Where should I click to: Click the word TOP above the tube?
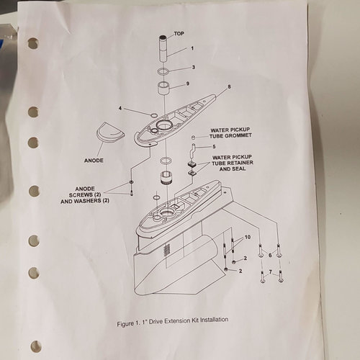(x=179, y=34)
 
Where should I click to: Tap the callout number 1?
(x=192, y=48)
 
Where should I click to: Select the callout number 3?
(x=194, y=67)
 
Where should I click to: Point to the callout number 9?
(x=188, y=84)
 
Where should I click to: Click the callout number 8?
(x=229, y=86)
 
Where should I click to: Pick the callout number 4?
(x=120, y=108)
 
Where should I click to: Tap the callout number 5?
(x=214, y=146)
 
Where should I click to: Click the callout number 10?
(x=248, y=237)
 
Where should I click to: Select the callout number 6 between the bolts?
(x=270, y=255)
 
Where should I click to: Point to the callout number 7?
(x=271, y=272)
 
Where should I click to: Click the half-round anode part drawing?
(x=111, y=132)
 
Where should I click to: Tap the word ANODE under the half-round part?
(x=94, y=161)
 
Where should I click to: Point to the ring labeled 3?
(x=163, y=71)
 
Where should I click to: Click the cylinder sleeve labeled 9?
(x=163, y=89)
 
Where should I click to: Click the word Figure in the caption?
(x=125, y=324)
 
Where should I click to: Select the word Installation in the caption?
(x=214, y=320)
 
